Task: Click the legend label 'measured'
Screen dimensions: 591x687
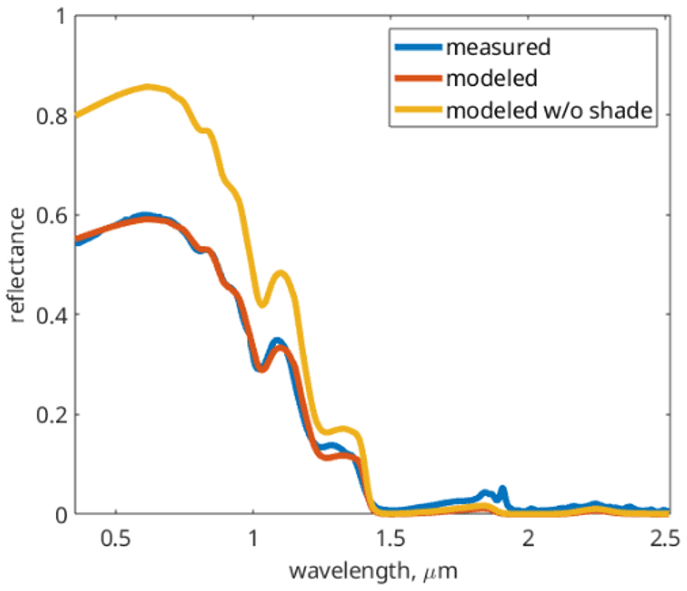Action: click(x=498, y=47)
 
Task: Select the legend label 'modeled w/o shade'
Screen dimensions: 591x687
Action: click(x=550, y=111)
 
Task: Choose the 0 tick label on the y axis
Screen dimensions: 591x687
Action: click(x=60, y=514)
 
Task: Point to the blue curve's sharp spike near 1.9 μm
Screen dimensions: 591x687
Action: click(x=502, y=489)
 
